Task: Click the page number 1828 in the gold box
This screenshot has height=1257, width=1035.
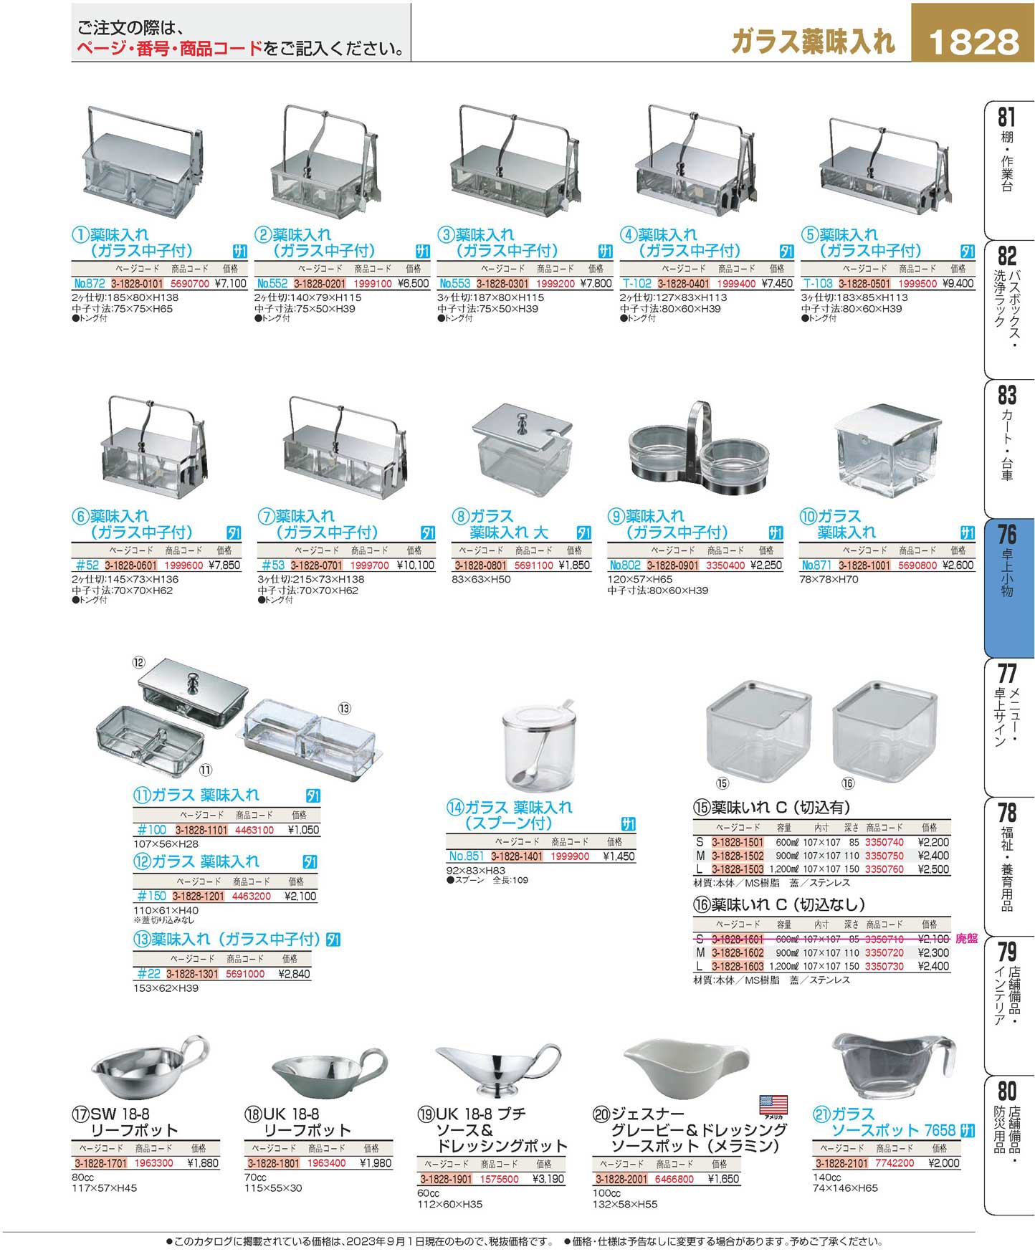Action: [973, 42]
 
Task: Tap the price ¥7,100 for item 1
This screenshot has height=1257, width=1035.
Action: [231, 283]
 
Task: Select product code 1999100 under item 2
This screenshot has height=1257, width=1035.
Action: [373, 283]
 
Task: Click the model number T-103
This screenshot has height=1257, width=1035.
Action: [818, 283]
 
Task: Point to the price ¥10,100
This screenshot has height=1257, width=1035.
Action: [416, 565]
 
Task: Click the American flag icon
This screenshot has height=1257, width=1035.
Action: [773, 1104]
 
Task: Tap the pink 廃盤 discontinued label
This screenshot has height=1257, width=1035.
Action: [966, 939]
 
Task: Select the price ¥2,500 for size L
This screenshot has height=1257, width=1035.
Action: [933, 869]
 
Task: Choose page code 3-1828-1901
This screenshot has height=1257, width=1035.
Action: [446, 1179]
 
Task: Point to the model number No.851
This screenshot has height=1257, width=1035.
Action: [467, 856]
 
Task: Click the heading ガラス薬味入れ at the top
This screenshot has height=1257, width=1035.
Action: [814, 42]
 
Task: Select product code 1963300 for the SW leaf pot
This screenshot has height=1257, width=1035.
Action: [153, 1163]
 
